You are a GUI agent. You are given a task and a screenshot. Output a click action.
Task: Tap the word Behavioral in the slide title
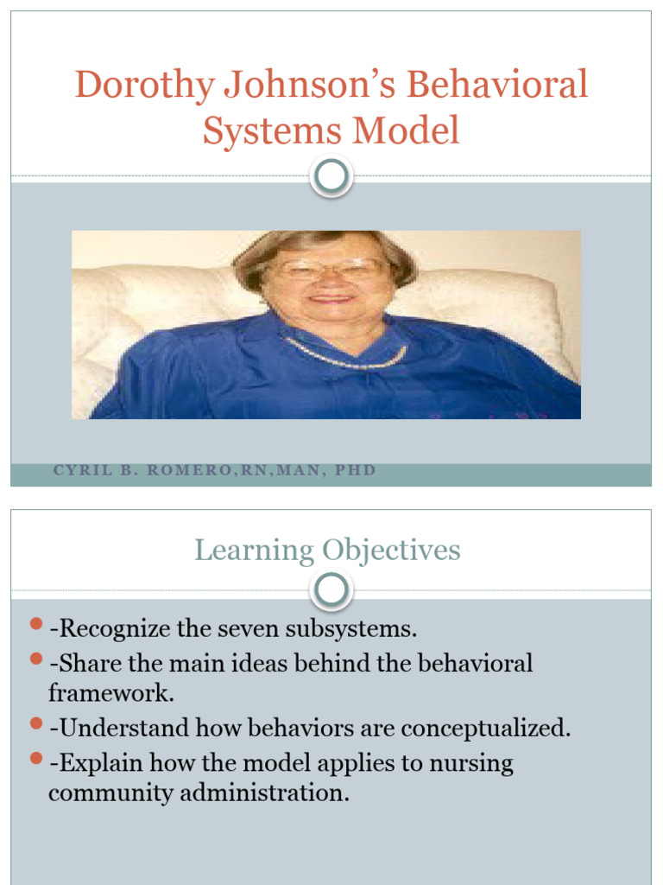click(497, 86)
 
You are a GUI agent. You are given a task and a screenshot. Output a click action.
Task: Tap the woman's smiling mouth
click(331, 298)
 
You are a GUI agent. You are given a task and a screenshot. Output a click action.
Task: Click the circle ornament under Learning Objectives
click(331, 591)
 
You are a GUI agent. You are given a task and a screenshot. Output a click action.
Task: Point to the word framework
click(111, 693)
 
